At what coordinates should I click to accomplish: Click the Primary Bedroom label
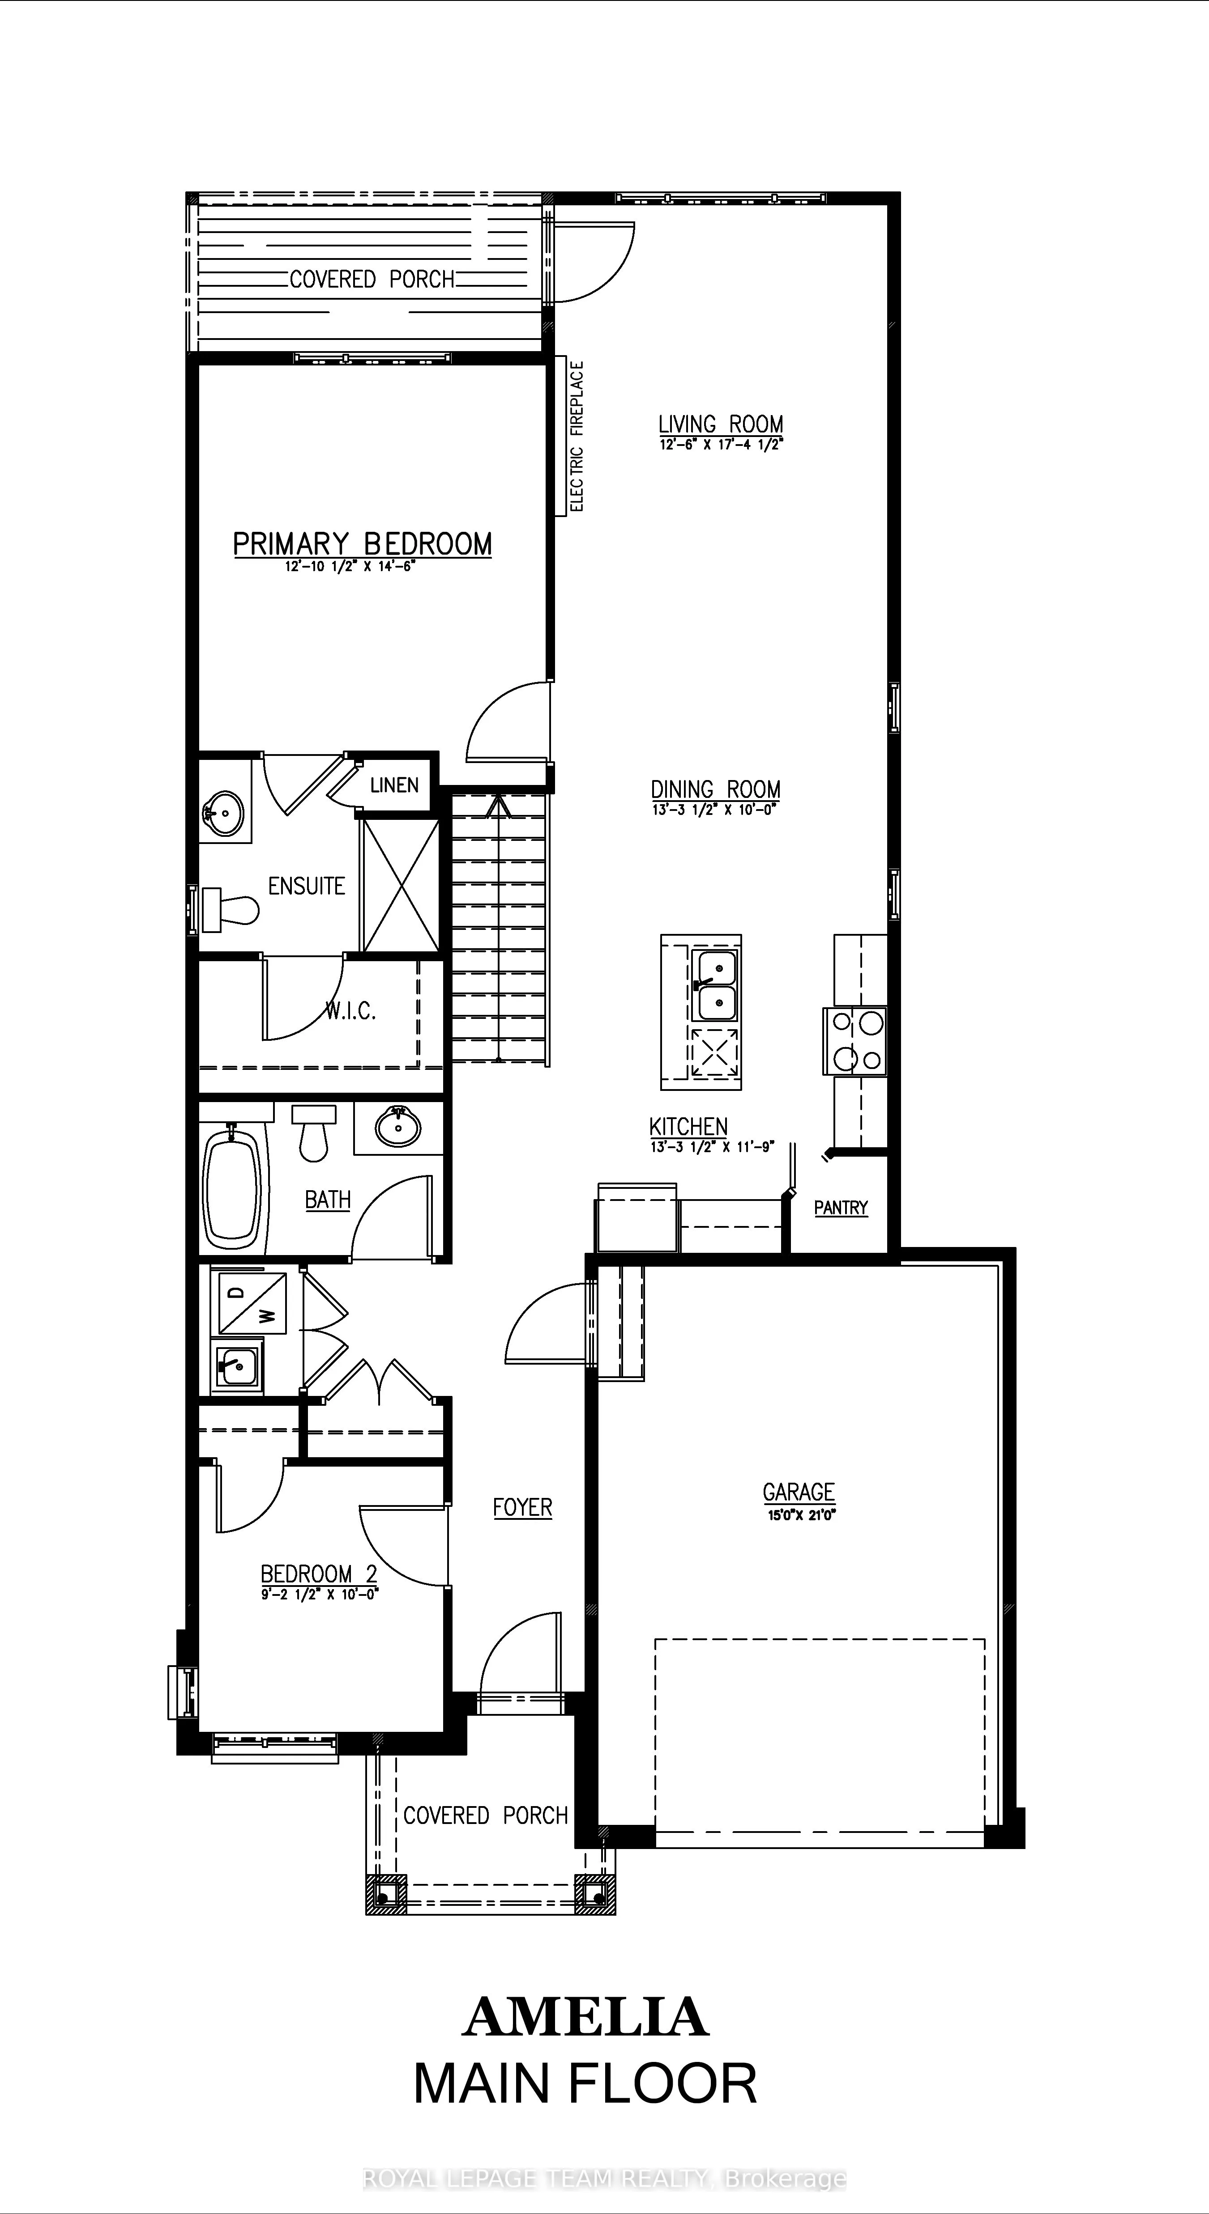pos(362,544)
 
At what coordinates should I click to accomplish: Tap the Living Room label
pos(721,424)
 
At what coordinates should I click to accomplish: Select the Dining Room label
pos(715,789)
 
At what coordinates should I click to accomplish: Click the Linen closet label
pos(394,785)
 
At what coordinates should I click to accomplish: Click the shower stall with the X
pos(400,885)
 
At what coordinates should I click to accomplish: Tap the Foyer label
pos(522,1507)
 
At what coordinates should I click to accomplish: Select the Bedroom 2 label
pos(319,1574)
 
